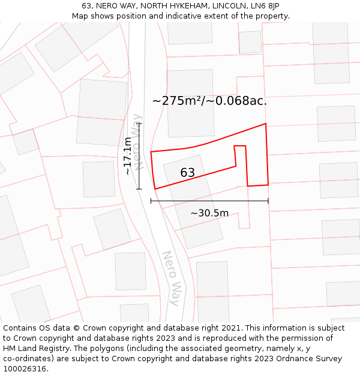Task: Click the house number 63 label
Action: (x=188, y=173)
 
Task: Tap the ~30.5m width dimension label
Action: (x=209, y=213)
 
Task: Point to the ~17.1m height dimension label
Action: (x=127, y=156)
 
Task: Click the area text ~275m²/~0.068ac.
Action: (x=209, y=101)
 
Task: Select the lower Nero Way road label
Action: (x=171, y=278)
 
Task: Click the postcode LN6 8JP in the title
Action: (x=266, y=6)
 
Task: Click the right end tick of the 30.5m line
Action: (x=268, y=201)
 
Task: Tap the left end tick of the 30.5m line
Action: (x=151, y=201)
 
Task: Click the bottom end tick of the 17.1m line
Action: (x=139, y=189)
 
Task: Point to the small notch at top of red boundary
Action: (x=240, y=146)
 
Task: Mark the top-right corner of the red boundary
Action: (x=265, y=124)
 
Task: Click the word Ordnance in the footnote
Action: (x=293, y=359)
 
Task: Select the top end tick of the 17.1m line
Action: (x=139, y=123)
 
